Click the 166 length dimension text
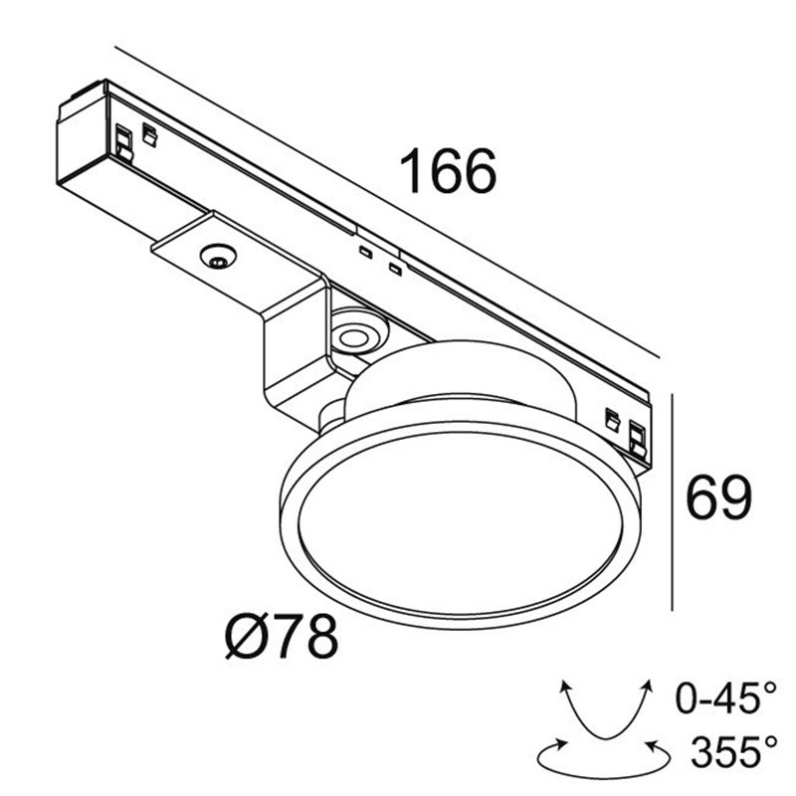tap(449, 171)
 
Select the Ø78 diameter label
tap(282, 637)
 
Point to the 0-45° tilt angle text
tap(726, 699)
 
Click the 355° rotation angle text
tap(733, 752)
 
